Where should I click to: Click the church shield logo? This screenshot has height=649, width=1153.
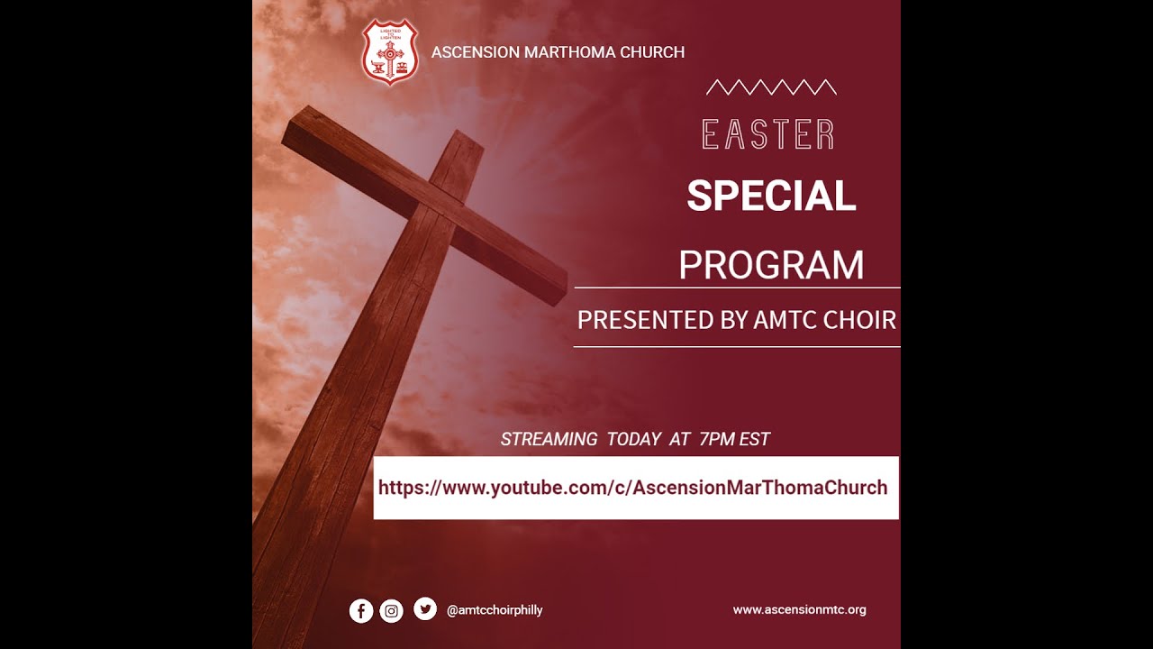389,52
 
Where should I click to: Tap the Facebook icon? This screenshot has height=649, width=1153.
361,610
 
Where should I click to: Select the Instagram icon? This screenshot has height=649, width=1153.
392,610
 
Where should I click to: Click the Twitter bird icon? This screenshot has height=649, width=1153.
425,609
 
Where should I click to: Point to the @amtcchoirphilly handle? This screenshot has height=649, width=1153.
495,610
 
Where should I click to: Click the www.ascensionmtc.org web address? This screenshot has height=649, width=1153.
799,609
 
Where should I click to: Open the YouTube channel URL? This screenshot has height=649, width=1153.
632,488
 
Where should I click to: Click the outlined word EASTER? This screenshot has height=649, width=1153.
768,135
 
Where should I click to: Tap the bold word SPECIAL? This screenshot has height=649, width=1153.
771,196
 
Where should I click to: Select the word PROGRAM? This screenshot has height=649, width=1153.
771,265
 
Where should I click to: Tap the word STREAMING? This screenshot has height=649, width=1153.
549,440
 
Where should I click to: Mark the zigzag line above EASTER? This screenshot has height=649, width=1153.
771,87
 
